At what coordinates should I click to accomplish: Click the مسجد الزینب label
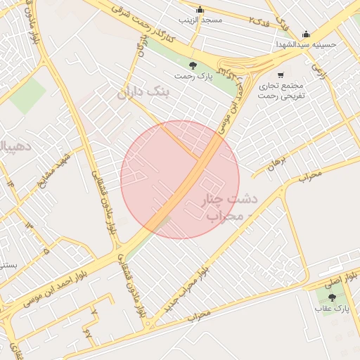200,20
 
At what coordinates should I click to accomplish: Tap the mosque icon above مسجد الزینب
200,10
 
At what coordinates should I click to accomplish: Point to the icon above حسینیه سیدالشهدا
306,34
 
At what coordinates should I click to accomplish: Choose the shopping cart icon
281,75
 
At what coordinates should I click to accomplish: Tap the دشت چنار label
230,199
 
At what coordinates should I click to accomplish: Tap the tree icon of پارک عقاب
332,297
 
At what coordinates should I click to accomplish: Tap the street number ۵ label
46,250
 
